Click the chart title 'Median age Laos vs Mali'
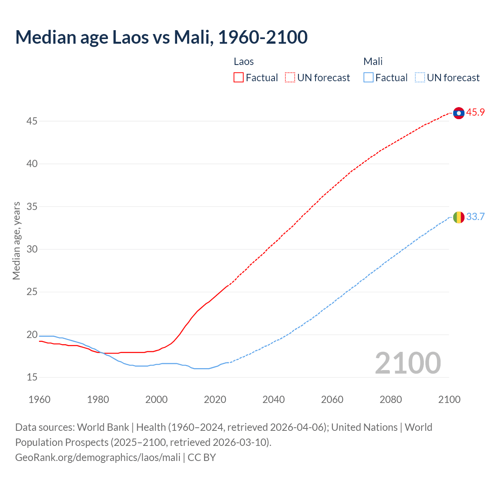point(161,37)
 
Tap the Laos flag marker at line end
point(459,113)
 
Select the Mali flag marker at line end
point(459,217)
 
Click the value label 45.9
point(475,113)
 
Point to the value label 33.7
point(475,217)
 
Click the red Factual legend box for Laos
point(239,78)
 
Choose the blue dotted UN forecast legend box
point(420,78)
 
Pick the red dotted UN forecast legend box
point(290,78)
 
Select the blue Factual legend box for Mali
point(369,78)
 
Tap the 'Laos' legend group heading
point(244,61)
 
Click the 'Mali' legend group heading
point(373,61)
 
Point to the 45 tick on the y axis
point(32,121)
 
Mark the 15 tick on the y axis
point(32,377)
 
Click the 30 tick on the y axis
point(32,249)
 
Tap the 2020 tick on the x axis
point(215,399)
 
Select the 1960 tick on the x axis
point(39,399)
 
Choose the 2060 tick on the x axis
point(332,399)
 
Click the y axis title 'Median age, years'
point(16,241)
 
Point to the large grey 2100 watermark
point(408,363)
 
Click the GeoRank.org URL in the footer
point(98,457)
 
